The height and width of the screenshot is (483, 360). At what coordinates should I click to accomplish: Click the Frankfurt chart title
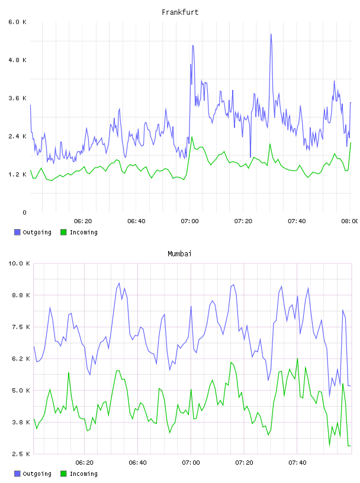180,12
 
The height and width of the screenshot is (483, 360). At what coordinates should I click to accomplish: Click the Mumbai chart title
179,254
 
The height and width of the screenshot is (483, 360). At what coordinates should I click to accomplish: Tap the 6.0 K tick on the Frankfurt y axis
18,22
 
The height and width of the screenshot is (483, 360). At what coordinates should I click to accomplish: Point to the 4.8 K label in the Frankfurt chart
18,60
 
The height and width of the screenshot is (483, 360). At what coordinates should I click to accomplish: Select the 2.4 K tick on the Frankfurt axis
18,136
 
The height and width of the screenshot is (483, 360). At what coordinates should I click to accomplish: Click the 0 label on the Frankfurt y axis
24,212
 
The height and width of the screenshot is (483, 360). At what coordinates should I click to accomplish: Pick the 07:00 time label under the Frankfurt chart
190,221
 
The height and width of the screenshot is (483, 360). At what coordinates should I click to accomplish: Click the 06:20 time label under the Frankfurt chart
83,221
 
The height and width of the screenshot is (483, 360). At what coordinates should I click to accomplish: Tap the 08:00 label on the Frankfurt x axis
349,221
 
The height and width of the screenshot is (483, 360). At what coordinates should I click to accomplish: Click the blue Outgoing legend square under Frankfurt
17,232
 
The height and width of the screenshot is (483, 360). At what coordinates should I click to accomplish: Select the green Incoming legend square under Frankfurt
63,232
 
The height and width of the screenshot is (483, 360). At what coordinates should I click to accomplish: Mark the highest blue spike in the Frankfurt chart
271,34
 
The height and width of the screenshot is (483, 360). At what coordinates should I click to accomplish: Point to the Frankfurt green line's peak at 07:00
192,137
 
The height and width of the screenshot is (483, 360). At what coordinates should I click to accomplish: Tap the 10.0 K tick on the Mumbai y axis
19,263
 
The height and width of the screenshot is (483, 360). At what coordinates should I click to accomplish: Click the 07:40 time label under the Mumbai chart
297,463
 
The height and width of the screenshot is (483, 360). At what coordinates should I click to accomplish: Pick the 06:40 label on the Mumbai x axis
138,463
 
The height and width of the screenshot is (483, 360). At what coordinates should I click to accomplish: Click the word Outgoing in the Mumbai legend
37,474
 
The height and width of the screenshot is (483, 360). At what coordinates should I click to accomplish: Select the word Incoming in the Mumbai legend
83,474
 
